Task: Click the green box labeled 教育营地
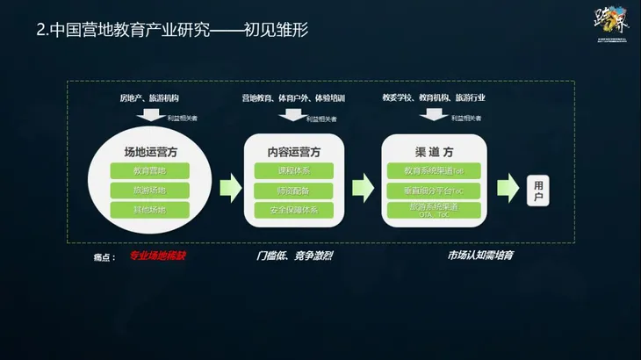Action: [x=149, y=169]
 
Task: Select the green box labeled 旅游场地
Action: [x=149, y=190]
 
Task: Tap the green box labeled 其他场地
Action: [x=149, y=210]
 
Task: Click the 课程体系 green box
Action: [x=293, y=169]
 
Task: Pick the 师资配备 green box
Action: [x=293, y=190]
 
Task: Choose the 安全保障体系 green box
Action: [x=293, y=210]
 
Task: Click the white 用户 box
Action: [x=540, y=190]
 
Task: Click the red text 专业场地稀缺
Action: [x=159, y=256]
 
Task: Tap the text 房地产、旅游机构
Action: [x=149, y=97]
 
